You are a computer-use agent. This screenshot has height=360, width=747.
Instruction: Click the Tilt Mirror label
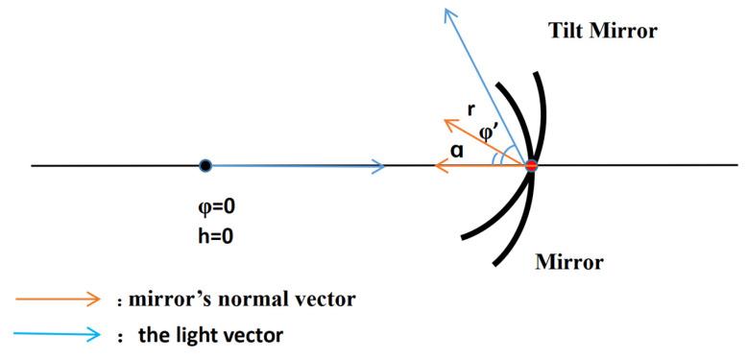pyautogui.click(x=603, y=31)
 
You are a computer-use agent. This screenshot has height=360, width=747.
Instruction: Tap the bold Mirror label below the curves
pyautogui.click(x=570, y=261)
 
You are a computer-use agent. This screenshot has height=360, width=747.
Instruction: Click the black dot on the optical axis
pyautogui.click(x=205, y=166)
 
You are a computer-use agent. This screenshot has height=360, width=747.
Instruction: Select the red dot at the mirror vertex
pyautogui.click(x=530, y=166)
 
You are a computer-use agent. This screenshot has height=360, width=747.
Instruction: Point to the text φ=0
pyautogui.click(x=212, y=205)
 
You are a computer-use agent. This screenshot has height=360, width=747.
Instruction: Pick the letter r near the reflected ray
pyautogui.click(x=470, y=108)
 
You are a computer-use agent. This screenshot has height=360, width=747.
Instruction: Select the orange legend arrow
pyautogui.click(x=58, y=299)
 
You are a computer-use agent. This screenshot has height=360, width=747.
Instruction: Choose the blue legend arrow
pyautogui.click(x=58, y=334)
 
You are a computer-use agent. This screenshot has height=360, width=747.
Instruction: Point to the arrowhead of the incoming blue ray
pyautogui.click(x=381, y=166)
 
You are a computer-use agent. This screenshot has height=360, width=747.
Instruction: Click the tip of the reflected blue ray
pyautogui.click(x=447, y=10)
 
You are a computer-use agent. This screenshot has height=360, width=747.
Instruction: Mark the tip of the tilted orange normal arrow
pyautogui.click(x=444, y=122)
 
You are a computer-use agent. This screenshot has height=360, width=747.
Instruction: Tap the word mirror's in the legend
pyautogui.click(x=175, y=299)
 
